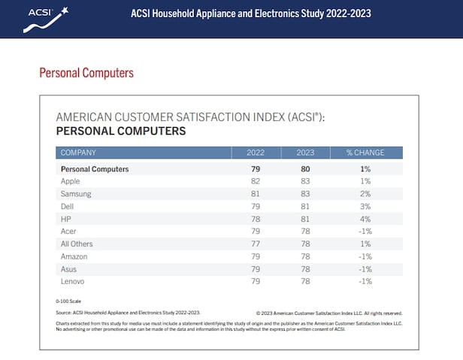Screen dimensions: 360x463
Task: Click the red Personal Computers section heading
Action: click(x=86, y=74)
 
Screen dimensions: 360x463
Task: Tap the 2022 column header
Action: click(x=256, y=153)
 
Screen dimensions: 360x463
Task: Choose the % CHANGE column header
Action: click(x=365, y=153)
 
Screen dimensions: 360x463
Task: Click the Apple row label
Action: click(x=70, y=181)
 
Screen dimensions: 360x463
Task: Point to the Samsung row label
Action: click(x=76, y=193)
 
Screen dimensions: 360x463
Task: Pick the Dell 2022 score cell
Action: click(x=256, y=206)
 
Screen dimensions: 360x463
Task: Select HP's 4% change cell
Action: click(x=365, y=219)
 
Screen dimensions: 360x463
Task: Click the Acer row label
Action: click(x=68, y=231)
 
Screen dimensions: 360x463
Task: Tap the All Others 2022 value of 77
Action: click(x=256, y=244)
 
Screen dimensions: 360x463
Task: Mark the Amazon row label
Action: click(x=74, y=256)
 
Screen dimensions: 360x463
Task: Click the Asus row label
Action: click(x=68, y=269)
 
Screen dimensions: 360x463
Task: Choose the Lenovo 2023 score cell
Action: click(x=306, y=281)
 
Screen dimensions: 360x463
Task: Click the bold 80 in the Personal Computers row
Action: click(x=306, y=169)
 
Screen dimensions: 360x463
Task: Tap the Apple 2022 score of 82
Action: click(x=256, y=181)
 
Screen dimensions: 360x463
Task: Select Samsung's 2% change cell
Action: click(x=365, y=193)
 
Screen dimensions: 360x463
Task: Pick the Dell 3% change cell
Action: click(x=365, y=206)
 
